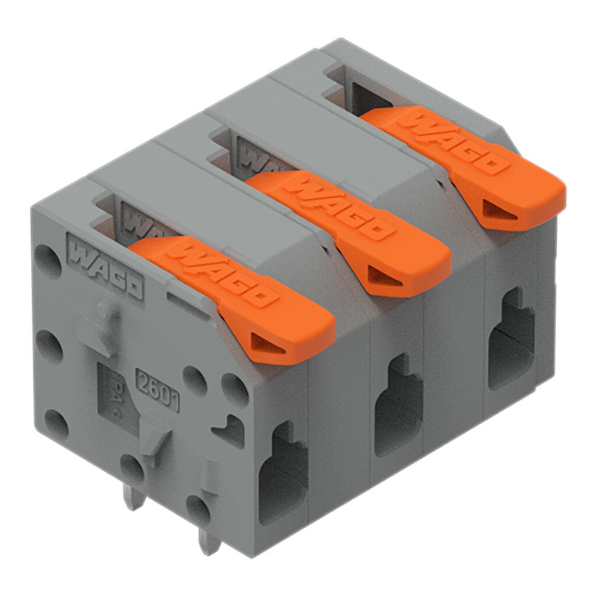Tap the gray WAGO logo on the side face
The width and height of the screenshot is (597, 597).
[106, 265]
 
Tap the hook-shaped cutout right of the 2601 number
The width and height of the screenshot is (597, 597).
[230, 431]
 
